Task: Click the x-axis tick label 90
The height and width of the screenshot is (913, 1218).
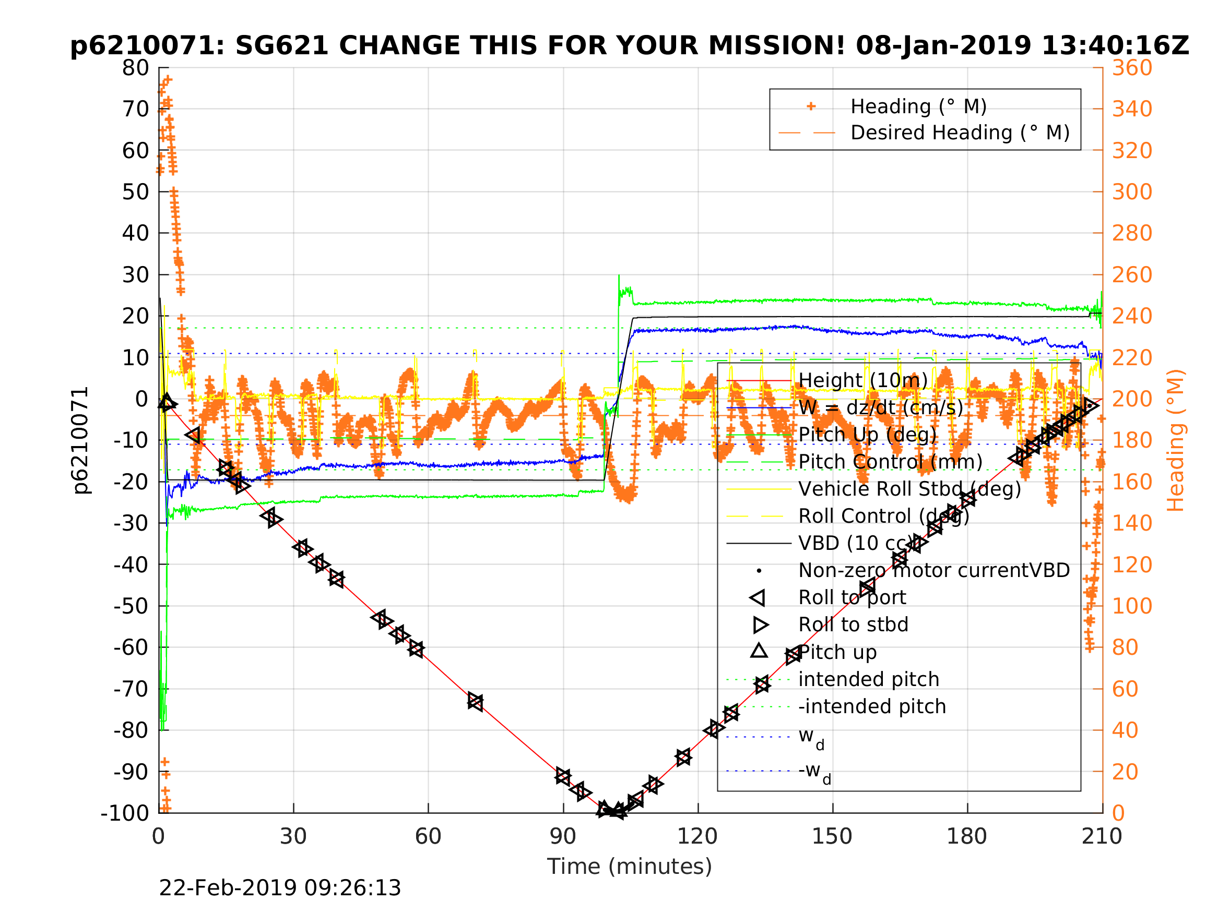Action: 563,836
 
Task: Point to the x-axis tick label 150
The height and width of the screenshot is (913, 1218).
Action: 832,836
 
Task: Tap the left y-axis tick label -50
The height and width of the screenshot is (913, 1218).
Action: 131,606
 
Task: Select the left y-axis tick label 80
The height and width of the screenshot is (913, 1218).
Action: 135,68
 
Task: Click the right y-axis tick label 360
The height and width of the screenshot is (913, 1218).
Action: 1132,68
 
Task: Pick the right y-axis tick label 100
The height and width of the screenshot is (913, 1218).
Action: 1132,606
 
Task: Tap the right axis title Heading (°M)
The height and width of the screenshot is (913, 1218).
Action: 1176,440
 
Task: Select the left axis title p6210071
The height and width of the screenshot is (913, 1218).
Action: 80,440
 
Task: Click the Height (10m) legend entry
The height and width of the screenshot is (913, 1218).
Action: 863,380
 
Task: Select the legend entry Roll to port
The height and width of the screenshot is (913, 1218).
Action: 852,598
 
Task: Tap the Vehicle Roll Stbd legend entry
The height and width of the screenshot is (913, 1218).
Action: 909,489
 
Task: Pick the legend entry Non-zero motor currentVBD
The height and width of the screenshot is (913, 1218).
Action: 934,571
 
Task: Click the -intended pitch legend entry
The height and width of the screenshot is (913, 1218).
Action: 872,706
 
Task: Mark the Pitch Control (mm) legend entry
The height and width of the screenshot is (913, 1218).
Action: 890,462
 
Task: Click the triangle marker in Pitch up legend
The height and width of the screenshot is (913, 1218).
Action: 759,652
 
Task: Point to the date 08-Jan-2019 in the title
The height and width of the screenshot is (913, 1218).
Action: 943,46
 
